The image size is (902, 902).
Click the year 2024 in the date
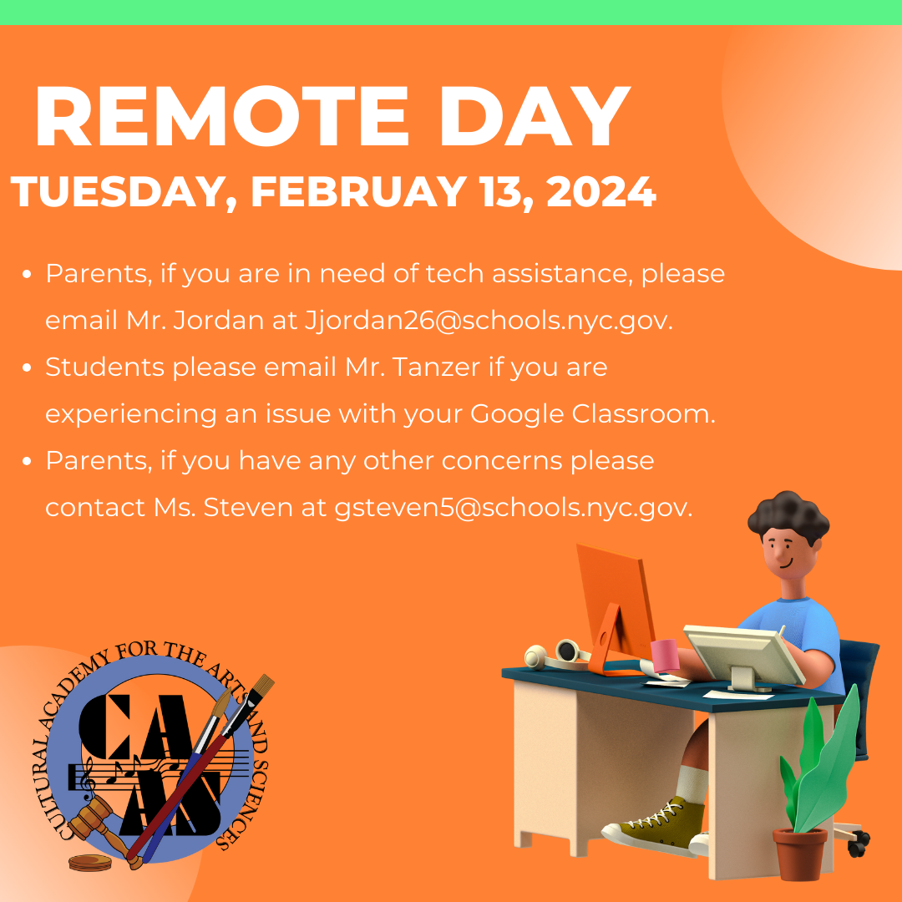600,193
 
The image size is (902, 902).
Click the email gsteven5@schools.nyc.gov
514,507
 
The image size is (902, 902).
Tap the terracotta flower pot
799,854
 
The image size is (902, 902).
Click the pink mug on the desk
665,656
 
